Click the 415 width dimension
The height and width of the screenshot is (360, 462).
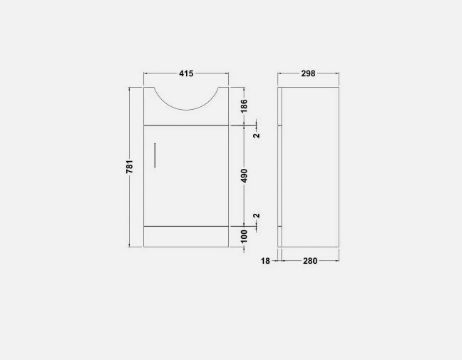click(x=186, y=73)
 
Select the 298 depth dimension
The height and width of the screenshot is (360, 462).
click(x=308, y=73)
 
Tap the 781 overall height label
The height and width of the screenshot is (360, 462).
click(x=129, y=167)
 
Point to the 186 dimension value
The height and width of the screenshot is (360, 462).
click(x=244, y=106)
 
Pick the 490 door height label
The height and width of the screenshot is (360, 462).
click(x=244, y=176)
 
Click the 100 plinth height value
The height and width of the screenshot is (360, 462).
click(x=244, y=236)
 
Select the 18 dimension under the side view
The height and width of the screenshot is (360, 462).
click(x=265, y=261)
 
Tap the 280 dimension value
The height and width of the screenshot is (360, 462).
click(x=310, y=261)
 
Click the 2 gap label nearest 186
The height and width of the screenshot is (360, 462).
click(x=256, y=135)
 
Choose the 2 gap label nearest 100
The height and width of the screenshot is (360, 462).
click(x=256, y=216)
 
